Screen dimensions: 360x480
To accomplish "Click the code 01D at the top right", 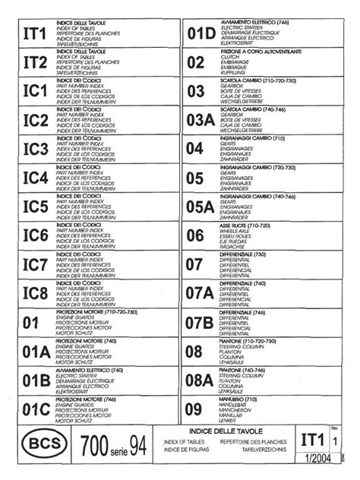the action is point(201,33).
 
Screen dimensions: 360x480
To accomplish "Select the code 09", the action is point(194,409).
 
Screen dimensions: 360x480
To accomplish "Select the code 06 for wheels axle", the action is point(194,235).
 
